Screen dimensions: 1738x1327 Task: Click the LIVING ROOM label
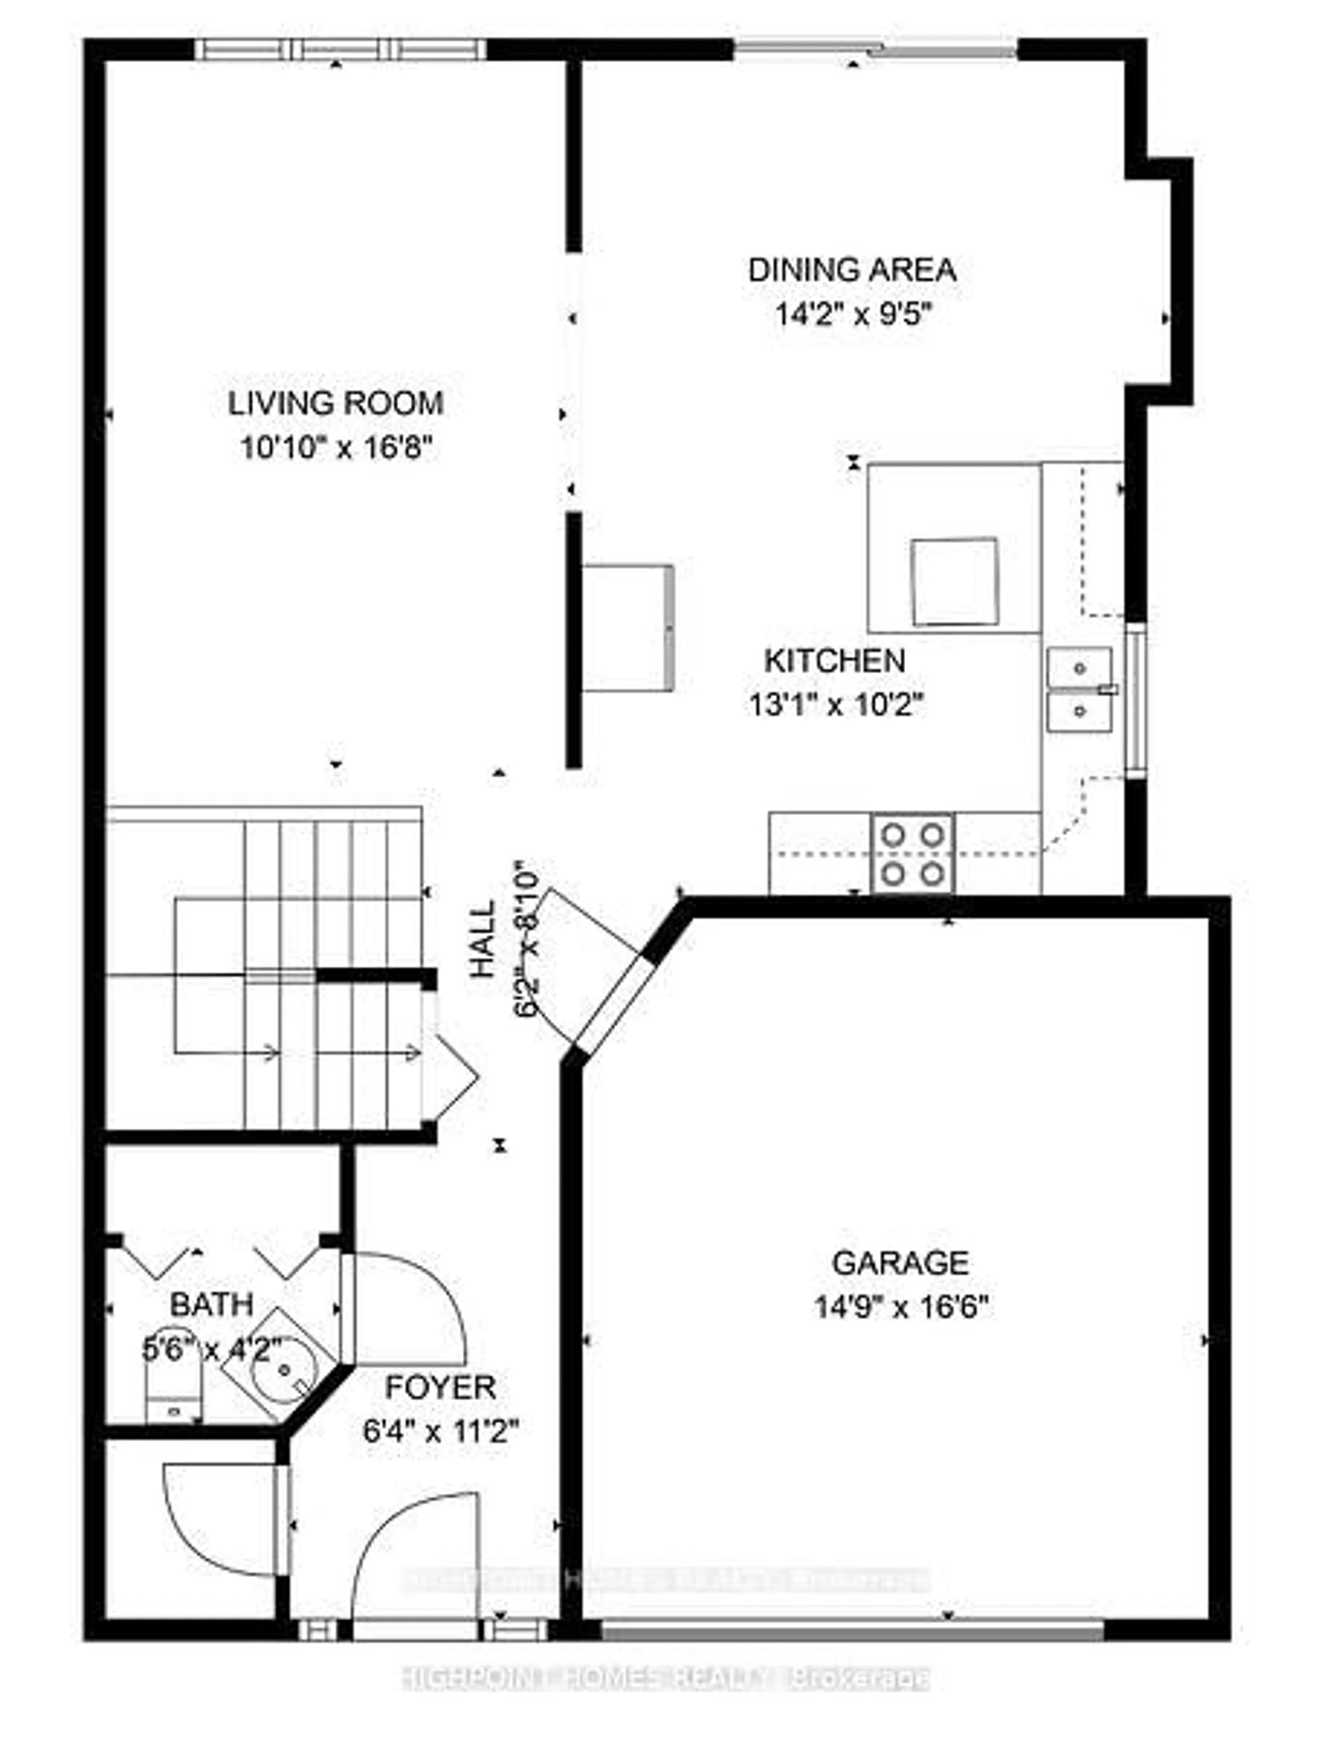[x=336, y=403]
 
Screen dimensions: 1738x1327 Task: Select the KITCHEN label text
[x=835, y=660]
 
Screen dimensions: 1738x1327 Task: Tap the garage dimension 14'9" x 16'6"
[x=901, y=1308]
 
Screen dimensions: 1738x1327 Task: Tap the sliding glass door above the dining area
[x=875, y=49]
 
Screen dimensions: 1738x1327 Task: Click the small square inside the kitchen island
[x=954, y=582]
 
